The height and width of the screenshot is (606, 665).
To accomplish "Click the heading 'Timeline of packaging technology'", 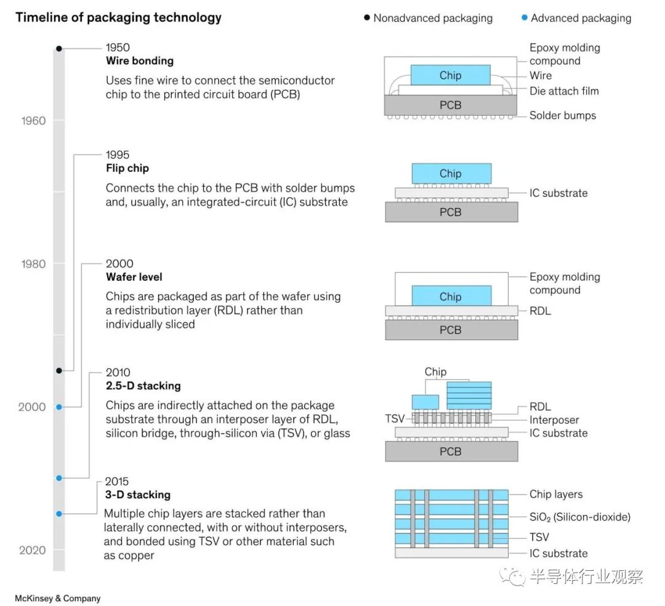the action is click(118, 17).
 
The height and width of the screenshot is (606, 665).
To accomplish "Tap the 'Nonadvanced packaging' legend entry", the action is click(429, 18).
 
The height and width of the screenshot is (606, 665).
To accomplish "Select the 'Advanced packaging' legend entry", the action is click(576, 18).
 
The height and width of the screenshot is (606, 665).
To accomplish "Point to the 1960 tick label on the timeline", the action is click(33, 121).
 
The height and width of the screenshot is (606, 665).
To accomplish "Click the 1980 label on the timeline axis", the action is click(33, 264).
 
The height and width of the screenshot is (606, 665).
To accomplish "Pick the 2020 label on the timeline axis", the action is click(32, 550).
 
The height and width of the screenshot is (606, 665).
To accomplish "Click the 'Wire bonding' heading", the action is click(140, 60).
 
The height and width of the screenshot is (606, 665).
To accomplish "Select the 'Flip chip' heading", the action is click(127, 168).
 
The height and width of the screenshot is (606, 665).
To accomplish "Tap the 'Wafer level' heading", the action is click(134, 277).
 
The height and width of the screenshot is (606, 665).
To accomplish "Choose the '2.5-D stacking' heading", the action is click(143, 386).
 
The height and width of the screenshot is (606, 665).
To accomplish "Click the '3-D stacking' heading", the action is click(138, 495).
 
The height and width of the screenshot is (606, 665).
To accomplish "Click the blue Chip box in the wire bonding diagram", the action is click(450, 75).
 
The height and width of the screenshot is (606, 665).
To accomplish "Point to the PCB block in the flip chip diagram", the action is click(451, 212).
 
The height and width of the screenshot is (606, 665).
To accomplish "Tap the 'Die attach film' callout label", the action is click(564, 91).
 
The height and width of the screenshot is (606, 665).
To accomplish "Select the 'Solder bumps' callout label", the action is click(562, 115).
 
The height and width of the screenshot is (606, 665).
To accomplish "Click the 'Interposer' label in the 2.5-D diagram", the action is click(554, 420).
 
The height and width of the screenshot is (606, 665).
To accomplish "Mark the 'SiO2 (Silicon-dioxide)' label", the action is click(580, 517).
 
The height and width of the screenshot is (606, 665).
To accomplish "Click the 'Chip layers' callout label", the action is click(555, 494).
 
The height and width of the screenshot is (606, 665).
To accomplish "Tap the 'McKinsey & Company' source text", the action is click(58, 598).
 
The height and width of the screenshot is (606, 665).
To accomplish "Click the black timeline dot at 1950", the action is click(59, 49).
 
